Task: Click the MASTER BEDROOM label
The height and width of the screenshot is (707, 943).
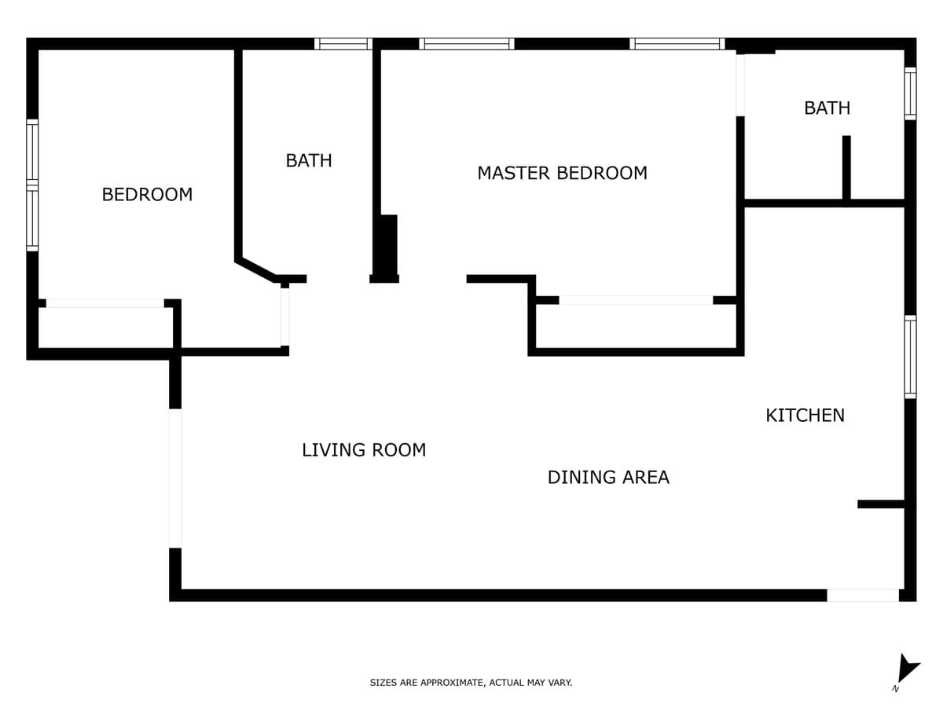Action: click(562, 173)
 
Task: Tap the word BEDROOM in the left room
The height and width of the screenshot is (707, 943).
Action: click(147, 195)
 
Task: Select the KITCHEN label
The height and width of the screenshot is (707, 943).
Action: click(805, 415)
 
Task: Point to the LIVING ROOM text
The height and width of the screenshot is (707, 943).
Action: click(364, 450)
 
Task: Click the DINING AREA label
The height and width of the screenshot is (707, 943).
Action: click(608, 478)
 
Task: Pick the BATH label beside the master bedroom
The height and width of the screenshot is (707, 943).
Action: click(827, 108)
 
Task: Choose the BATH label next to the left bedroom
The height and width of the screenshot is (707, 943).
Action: click(309, 160)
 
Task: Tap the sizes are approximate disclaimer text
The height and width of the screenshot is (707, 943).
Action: click(471, 682)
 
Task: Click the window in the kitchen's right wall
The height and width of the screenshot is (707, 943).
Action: click(910, 357)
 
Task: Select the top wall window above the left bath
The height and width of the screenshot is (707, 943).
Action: click(343, 44)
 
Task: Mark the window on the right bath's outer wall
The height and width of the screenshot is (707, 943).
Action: click(910, 93)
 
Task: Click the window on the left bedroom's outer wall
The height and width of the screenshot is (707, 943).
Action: click(32, 185)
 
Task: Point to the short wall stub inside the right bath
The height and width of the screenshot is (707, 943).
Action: click(846, 167)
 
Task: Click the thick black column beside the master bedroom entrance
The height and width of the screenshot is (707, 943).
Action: click(385, 248)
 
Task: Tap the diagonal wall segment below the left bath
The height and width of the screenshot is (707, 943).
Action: click(256, 269)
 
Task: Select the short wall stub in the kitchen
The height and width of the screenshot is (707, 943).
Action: click(881, 504)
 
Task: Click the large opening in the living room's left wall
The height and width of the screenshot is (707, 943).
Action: click(175, 478)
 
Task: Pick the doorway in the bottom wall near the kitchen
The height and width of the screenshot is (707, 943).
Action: click(863, 595)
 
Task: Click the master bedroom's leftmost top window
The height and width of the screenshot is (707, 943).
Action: click(467, 44)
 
